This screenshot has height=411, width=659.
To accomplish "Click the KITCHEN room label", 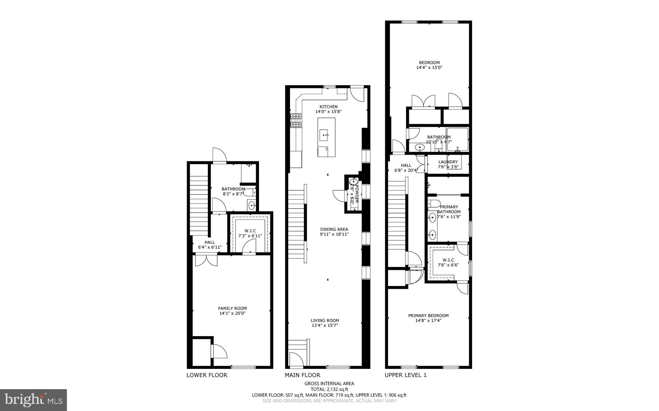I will click(x=328, y=107).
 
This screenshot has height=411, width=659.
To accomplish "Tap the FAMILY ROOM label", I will click(x=232, y=308).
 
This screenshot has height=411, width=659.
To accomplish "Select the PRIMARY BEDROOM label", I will click(x=428, y=316).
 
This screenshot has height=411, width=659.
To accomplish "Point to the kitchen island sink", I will click(x=324, y=135).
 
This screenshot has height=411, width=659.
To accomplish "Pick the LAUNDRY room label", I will click(x=448, y=162).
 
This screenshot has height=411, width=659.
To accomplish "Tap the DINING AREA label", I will click(x=334, y=229).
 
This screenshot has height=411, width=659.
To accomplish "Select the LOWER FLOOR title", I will click(x=207, y=375).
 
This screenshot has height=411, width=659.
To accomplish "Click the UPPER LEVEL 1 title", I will click(x=405, y=375).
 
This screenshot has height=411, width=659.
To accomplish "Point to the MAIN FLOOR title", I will click(x=302, y=375).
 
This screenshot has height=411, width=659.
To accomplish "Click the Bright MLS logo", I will click(x=33, y=400).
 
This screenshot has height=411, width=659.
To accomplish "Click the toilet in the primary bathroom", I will click(x=434, y=204).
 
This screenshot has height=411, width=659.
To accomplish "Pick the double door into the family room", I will click(x=206, y=260).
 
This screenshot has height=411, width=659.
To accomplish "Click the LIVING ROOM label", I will click(x=325, y=320).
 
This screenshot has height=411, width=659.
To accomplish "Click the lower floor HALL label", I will click(x=209, y=242).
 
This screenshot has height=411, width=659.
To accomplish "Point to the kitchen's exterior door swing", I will click(x=357, y=94).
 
